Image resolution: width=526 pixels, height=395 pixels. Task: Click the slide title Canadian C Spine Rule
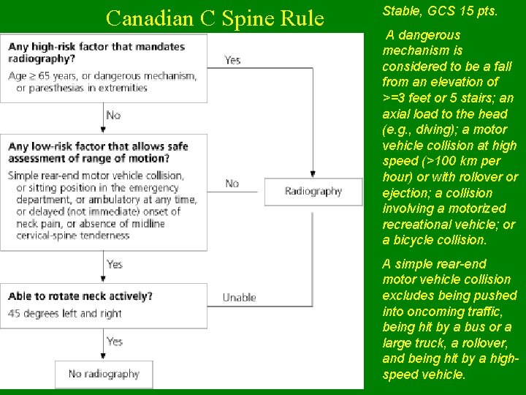coord(214,18)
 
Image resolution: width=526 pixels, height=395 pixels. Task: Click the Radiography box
coord(313,192)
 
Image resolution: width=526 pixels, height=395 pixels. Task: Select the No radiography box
coord(104,374)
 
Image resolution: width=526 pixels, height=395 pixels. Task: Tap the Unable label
coord(239,298)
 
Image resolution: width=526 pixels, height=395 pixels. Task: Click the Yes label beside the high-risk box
coord(232,60)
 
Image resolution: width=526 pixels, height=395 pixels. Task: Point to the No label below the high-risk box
coord(113,115)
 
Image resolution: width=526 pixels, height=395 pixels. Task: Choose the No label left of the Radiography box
coord(232,184)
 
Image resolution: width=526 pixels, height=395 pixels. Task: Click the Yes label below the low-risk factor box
coord(115,264)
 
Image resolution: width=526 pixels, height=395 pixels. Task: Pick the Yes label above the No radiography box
coord(115,342)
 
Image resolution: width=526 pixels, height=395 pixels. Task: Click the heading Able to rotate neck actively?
coord(80,296)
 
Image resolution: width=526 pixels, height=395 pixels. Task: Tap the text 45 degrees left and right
coord(65,313)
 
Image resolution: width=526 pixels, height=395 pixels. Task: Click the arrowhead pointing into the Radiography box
coord(313,174)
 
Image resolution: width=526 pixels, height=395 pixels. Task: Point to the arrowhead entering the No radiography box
coord(104,358)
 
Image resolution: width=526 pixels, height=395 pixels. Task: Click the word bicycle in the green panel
coord(417,240)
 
